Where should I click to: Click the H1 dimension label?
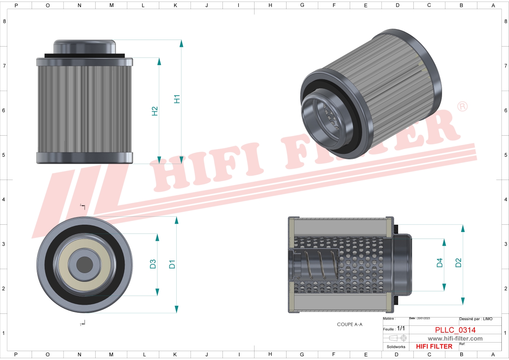177,99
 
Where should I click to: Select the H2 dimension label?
155,111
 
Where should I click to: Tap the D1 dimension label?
172,264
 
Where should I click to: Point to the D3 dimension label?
153,264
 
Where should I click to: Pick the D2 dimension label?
458,263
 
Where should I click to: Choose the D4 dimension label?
439,263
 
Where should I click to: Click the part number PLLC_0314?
455,330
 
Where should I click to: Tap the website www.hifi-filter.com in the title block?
455,339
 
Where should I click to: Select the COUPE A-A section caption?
349,324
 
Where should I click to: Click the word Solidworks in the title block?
396,347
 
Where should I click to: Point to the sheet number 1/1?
401,328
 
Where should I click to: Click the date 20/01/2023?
423,319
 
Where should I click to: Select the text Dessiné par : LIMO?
476,319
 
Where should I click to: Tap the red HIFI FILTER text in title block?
434,347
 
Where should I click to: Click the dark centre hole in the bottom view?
84,264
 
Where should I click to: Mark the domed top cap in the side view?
85,47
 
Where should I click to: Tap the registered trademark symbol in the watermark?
462,107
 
